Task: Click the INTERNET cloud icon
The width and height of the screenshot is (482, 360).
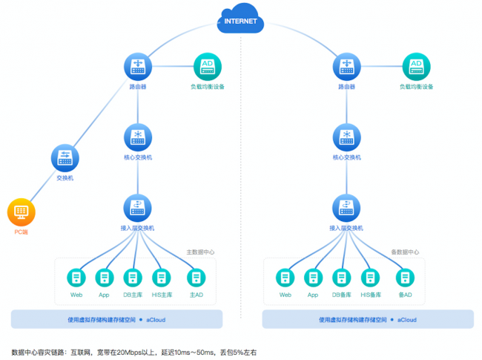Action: [240, 19]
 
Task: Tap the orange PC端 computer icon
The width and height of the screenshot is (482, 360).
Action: [21, 212]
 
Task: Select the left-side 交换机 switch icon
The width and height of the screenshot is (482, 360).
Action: [65, 158]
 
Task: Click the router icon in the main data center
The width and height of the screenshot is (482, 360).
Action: [137, 68]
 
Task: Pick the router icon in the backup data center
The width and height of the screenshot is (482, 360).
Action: [346, 68]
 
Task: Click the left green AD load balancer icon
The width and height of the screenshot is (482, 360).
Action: [207, 68]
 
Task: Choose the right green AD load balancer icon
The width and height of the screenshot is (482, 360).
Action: [416, 68]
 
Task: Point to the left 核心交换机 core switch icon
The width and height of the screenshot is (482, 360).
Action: [137, 137]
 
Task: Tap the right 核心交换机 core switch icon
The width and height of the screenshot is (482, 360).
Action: [346, 137]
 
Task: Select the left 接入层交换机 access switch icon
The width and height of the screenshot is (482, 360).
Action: [137, 206]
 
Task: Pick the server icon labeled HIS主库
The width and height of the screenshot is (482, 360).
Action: [161, 278]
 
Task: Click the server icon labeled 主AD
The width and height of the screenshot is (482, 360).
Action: [196, 278]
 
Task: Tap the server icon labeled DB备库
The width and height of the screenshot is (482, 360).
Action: [341, 278]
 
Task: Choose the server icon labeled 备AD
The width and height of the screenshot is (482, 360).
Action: [404, 278]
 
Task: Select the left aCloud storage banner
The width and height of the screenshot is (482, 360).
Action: [116, 319]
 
